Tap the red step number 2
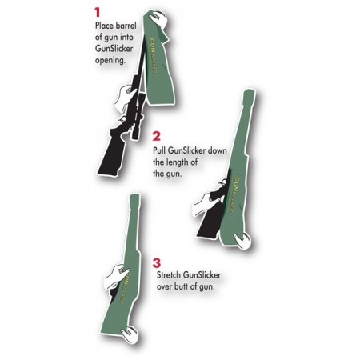pyautogui.click(x=157, y=137)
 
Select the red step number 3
pyautogui.click(x=157, y=262)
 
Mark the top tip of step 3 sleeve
pyautogui.click(x=136, y=196)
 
